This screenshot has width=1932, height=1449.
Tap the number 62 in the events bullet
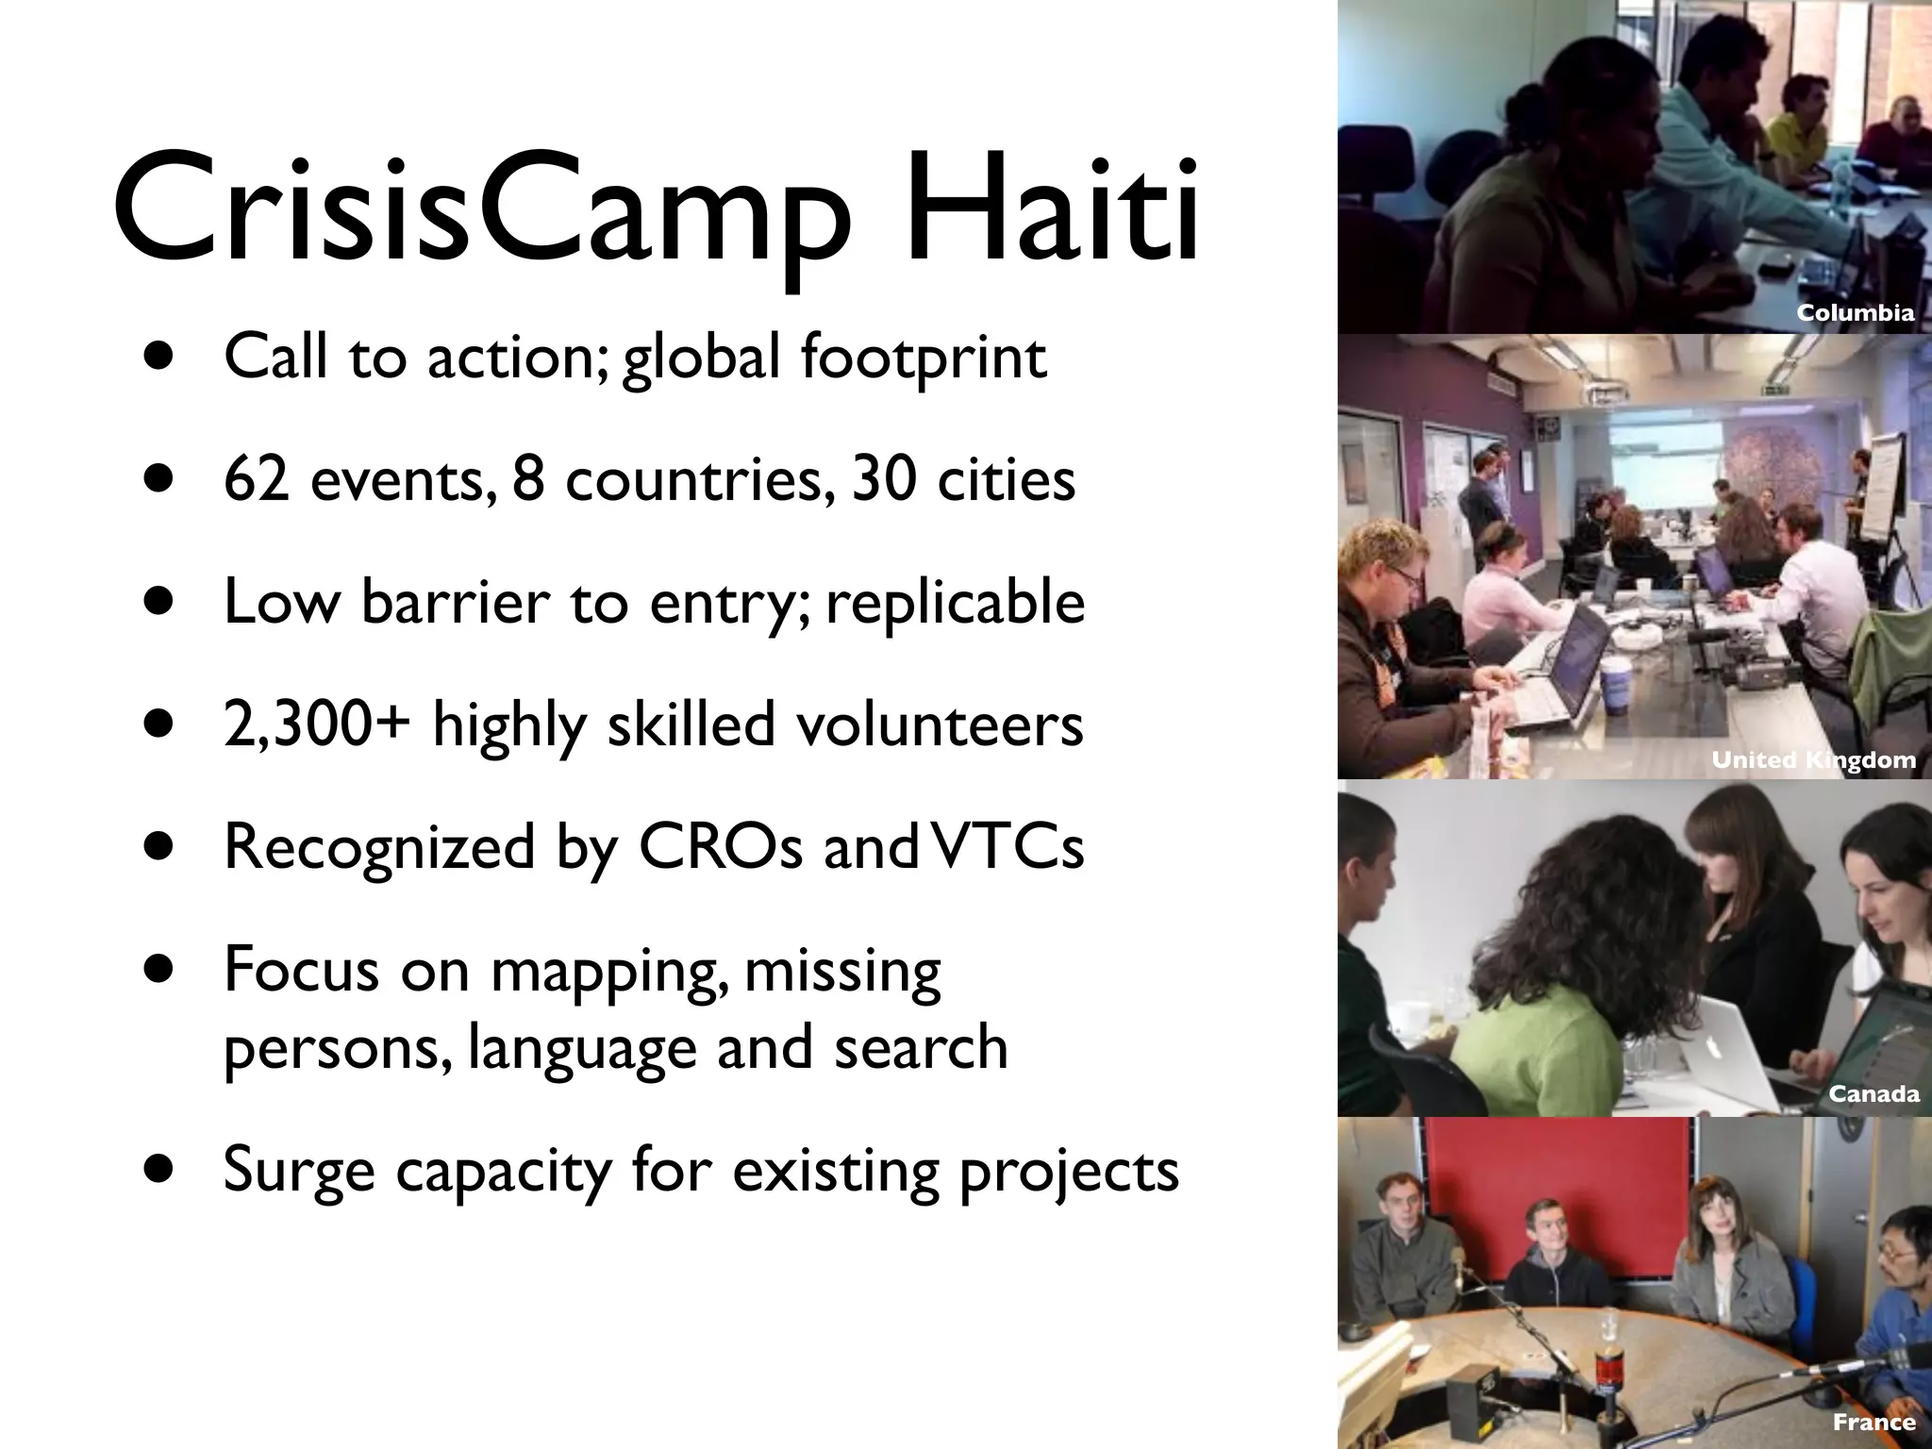click(256, 479)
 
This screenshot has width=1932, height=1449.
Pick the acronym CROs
click(720, 846)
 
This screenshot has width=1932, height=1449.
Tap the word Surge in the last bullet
click(298, 1171)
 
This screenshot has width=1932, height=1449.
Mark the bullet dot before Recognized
click(160, 847)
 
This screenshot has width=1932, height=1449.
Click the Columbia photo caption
click(1855, 313)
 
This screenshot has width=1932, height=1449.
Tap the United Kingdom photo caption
click(1813, 759)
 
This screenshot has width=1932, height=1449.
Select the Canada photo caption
click(1874, 1093)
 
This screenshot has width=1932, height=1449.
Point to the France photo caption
click(1874, 1422)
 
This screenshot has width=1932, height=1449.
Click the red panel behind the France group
click(1557, 1179)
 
